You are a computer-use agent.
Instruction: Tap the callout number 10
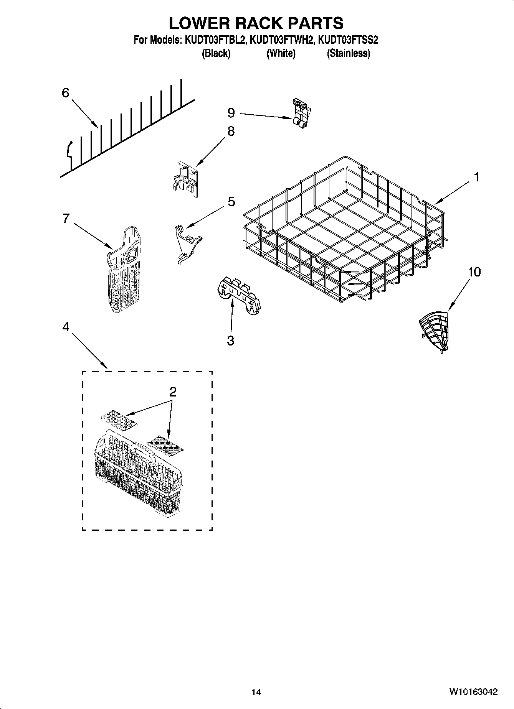point(474,272)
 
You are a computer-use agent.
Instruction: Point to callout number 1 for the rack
point(476,177)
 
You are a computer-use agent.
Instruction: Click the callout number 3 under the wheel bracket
point(230,340)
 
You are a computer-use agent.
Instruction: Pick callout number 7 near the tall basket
point(66,218)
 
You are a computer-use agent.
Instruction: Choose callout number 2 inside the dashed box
point(173,392)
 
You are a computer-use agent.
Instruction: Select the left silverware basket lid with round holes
point(118,421)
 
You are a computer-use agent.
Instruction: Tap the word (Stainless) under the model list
point(348,53)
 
